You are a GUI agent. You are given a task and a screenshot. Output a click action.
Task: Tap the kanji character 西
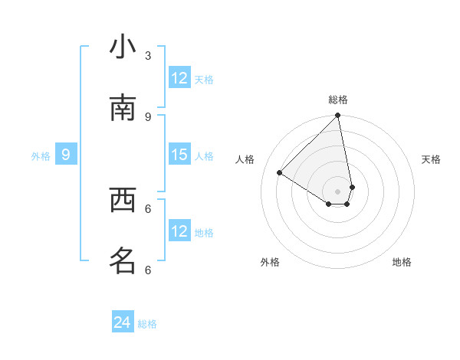click(x=123, y=200)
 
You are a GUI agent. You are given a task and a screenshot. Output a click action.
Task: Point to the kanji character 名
click(x=123, y=261)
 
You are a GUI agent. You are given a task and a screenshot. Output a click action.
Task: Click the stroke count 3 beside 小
click(x=148, y=55)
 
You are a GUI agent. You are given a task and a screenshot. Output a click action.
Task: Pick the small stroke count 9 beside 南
click(x=148, y=116)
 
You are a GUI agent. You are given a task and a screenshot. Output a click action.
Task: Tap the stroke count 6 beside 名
click(x=148, y=270)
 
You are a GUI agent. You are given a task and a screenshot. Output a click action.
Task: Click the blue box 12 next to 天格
click(x=179, y=78)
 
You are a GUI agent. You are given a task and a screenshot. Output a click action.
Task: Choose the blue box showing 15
click(x=179, y=155)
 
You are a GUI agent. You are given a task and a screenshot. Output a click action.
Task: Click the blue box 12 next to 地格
click(x=179, y=231)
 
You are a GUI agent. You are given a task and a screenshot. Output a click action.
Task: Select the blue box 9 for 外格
click(x=66, y=155)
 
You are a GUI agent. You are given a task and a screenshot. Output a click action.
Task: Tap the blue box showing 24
click(x=123, y=322)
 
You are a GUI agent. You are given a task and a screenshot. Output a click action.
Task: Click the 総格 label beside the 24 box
click(x=147, y=324)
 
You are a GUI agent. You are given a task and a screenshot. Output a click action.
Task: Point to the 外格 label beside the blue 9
click(x=41, y=156)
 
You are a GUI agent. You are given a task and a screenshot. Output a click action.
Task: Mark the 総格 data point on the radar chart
click(x=337, y=116)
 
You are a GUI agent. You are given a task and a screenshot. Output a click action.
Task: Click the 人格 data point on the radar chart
click(x=280, y=173)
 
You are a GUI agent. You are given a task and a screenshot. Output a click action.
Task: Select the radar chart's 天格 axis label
click(x=431, y=159)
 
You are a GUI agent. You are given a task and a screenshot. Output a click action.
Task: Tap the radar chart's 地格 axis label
click(x=402, y=262)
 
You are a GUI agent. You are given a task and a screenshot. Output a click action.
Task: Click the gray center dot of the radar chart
click(x=337, y=191)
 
